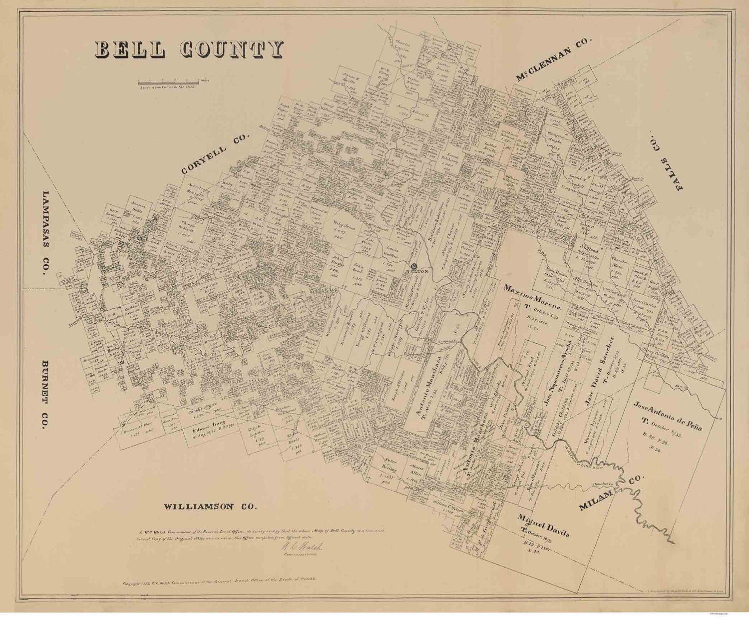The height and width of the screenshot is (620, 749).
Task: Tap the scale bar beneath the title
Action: [167, 81]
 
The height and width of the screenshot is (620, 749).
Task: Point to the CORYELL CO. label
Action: [216, 154]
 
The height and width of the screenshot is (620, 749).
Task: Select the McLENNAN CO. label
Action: [553, 59]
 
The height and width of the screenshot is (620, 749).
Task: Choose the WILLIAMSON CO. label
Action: [210, 507]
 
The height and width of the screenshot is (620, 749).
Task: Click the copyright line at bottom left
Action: [220, 583]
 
